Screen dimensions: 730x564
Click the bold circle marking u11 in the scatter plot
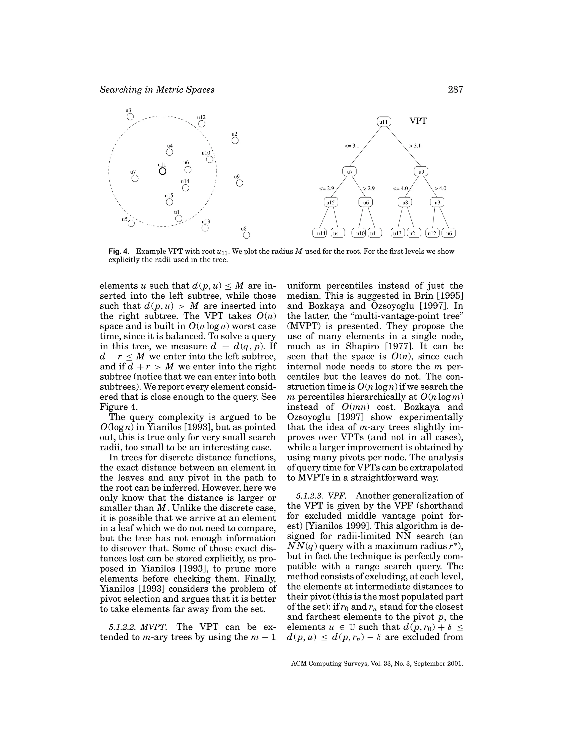[x=162, y=171]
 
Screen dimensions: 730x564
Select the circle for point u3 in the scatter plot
[x=130, y=117]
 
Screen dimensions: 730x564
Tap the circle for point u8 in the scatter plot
[x=246, y=235]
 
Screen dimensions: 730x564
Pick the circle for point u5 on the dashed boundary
[x=131, y=223]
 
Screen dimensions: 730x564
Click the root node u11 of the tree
[x=384, y=122]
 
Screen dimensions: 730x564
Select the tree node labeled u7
[x=349, y=172]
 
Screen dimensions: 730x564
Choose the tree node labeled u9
[x=421, y=172]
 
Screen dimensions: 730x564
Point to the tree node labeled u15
[x=331, y=202]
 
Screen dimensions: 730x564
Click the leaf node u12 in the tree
[x=432, y=233]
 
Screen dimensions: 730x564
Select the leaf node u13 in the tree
[x=397, y=233]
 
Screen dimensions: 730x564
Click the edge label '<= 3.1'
[x=351, y=146]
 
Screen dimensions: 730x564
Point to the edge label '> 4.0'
[x=440, y=188]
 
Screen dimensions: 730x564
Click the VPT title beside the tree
[x=418, y=121]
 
